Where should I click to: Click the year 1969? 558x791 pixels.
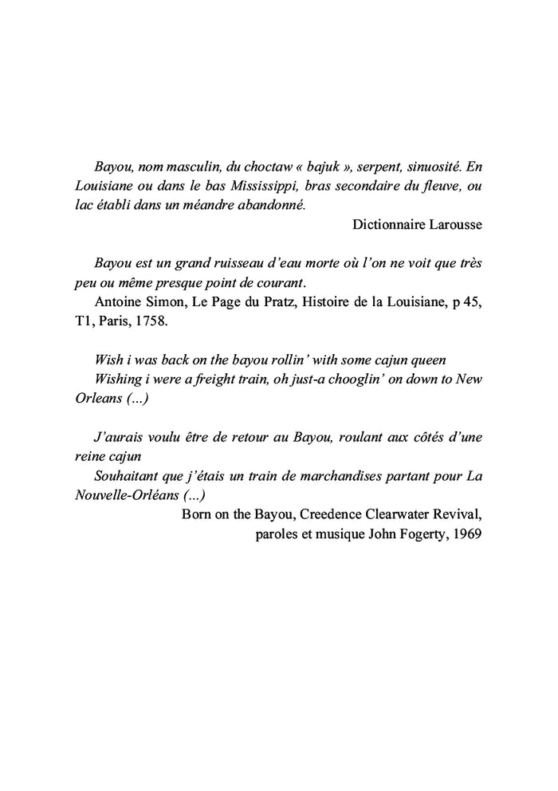466,533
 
